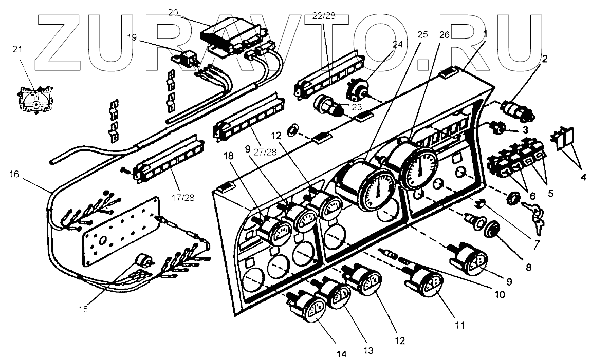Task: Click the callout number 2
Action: pyautogui.click(x=545, y=59)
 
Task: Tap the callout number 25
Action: pyautogui.click(x=422, y=35)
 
